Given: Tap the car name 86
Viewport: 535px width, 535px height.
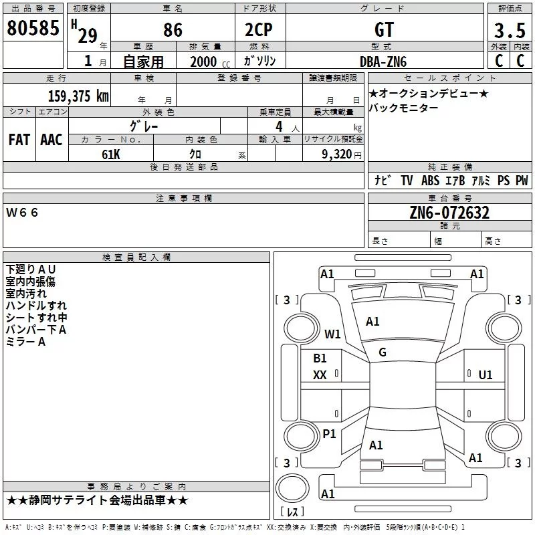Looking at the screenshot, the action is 173,30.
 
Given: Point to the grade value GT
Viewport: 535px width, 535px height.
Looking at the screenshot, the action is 385,30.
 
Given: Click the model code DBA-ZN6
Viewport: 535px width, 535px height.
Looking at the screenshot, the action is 383,61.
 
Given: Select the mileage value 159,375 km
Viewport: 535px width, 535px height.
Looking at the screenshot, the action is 78,96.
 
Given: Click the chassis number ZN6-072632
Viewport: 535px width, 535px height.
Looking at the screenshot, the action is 449,213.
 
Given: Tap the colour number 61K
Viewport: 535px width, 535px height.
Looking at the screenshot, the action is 111,154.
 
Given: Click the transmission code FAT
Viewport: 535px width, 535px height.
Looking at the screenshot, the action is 19,139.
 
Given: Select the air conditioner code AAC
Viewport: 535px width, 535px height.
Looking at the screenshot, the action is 51,139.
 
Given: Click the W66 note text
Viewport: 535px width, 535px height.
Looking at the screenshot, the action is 23,213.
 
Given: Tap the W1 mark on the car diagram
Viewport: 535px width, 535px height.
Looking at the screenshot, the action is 332,334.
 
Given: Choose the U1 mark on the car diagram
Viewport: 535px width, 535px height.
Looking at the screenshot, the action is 486,374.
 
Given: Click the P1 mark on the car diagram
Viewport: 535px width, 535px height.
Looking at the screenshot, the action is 329,434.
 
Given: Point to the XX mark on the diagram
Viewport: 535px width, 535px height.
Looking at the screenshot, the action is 320,375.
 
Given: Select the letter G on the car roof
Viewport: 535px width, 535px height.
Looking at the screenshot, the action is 383,352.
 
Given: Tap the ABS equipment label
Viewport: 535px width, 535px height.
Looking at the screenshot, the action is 430,181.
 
